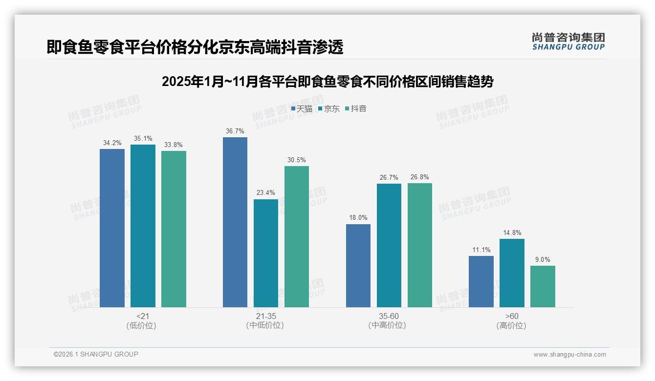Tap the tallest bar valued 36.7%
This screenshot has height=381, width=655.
click(235, 222)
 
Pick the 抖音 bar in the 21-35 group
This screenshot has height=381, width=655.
click(297, 237)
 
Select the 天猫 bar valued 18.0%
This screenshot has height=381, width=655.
click(358, 266)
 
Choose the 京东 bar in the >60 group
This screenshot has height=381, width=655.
click(512, 273)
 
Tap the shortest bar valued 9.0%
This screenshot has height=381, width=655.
click(543, 286)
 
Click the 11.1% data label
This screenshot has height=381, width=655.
click(481, 250)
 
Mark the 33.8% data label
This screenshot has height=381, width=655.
click(174, 145)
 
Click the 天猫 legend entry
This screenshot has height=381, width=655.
click(302, 109)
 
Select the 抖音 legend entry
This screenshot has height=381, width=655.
click(356, 109)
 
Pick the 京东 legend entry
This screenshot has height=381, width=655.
click(328, 109)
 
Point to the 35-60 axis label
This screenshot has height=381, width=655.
click(389, 317)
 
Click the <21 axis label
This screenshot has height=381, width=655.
click(143, 317)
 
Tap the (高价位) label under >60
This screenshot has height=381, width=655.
click(511, 326)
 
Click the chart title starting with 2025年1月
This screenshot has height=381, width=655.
click(327, 82)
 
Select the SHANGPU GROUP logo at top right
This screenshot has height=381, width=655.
click(568, 41)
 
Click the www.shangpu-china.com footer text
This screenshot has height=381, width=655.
click(569, 355)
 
